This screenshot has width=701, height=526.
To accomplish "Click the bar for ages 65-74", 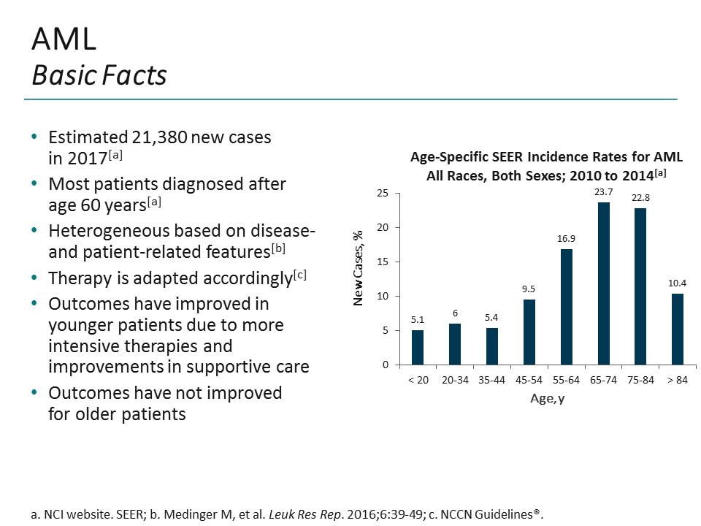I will pos(603,283).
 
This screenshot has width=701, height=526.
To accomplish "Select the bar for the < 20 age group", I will pos(417,347).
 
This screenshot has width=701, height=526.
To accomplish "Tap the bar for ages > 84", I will pos(678,329).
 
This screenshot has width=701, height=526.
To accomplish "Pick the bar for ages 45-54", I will pos(529,332).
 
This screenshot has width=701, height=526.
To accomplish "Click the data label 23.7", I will pos(603,191).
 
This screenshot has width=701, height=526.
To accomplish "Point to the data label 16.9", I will pos(566,238).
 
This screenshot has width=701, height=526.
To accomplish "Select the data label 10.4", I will pos(678,283).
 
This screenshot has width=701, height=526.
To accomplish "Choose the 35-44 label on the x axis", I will pos(491,381).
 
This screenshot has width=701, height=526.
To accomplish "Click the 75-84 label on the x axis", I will pos(640,381).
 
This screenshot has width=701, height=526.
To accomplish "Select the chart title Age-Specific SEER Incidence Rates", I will pos(546,156).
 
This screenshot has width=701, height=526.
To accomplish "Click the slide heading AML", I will pos(64,39).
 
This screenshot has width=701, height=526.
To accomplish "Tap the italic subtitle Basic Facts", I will pos(99,75).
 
